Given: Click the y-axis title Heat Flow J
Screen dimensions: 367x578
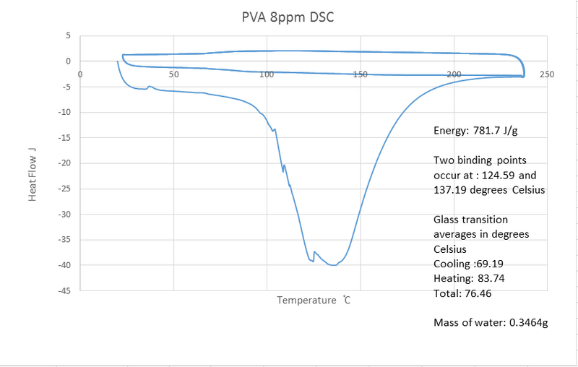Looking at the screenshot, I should coord(33,174).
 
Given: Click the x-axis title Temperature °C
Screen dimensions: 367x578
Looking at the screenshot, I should coord(314,300).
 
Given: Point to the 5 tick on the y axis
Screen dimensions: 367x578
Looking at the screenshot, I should coord(68,35).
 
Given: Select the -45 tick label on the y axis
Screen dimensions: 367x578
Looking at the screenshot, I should coord(64,290).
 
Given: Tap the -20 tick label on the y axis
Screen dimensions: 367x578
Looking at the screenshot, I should coord(64,163).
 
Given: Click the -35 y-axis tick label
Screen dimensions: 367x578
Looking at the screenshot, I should coord(64,240).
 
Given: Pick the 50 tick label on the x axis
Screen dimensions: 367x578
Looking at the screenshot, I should coord(173,74).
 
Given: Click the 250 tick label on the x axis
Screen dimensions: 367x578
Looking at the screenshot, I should coord(546,74).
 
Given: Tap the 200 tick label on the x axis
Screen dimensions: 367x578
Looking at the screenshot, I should coord(454,74).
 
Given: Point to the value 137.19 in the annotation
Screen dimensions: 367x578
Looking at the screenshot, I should coord(448,190).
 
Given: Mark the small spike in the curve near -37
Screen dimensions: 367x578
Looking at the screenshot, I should coord(314,252).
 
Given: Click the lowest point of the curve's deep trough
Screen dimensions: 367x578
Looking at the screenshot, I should coord(332,265).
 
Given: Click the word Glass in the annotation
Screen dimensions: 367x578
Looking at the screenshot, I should coord(447,219).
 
